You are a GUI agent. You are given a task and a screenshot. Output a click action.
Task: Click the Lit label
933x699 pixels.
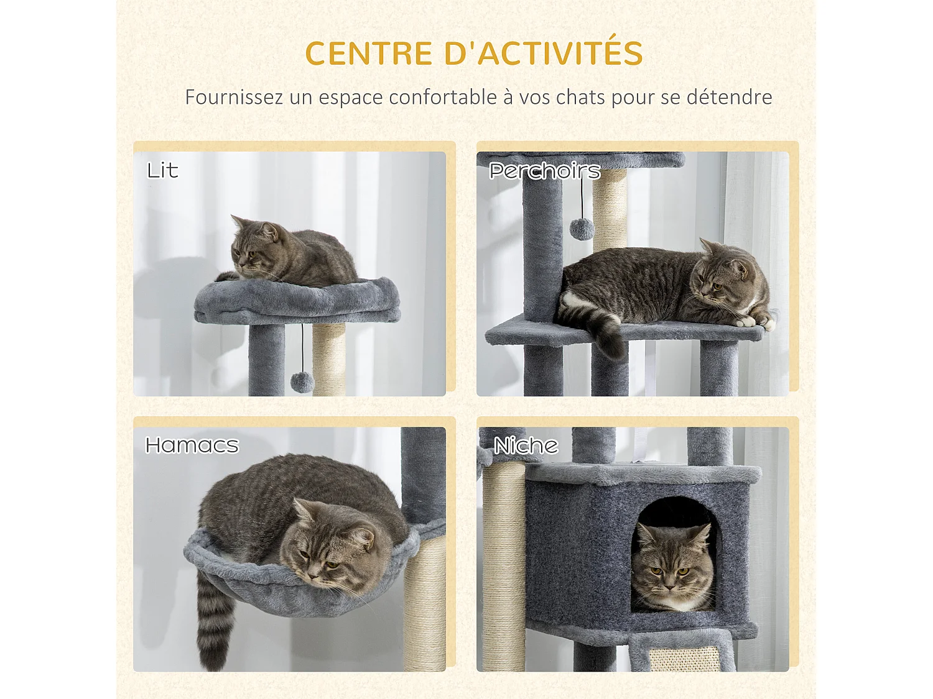tap(162, 170)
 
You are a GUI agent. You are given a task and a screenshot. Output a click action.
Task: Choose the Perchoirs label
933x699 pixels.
tap(544, 171)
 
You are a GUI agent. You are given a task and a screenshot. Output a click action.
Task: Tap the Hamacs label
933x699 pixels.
tap(192, 445)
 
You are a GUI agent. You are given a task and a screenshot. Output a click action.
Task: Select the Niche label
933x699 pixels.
tap(526, 445)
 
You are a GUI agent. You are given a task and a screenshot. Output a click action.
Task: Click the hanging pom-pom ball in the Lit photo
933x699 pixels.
tap(302, 382)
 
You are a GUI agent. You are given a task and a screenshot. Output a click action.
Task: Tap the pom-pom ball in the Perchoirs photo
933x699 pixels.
tap(582, 229)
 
